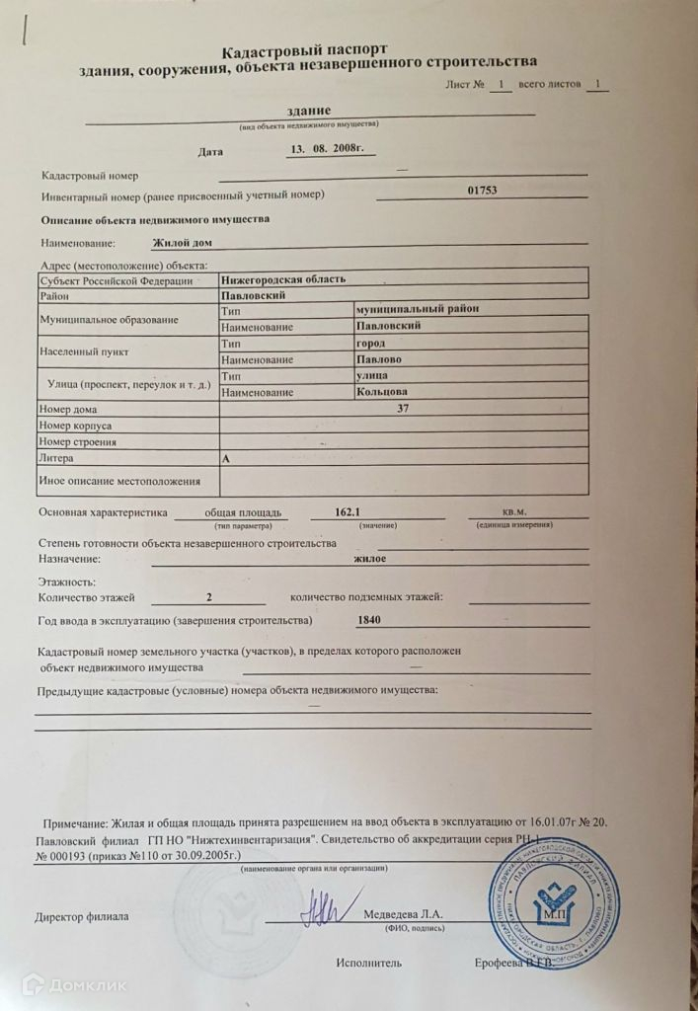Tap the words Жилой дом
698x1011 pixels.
pos(183,242)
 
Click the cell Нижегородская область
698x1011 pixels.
pos(283,280)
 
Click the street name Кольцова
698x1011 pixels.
pos(382,392)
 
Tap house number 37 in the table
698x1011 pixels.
pos(402,409)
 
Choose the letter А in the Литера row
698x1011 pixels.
pos(227,458)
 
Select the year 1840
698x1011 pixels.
pos(367,620)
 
